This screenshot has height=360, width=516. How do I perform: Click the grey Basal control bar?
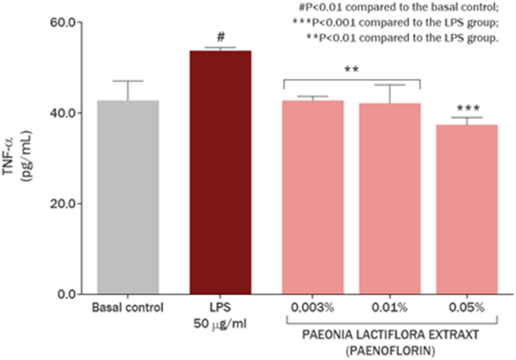point(128,197)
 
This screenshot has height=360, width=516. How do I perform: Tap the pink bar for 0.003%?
point(313,197)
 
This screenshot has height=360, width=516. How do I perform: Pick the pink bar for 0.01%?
point(390,199)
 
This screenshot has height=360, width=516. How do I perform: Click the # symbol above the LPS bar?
point(220,37)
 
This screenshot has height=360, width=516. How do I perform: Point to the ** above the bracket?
point(351,69)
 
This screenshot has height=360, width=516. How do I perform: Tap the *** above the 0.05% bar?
point(468,108)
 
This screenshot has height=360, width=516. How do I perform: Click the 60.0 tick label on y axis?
point(63,22)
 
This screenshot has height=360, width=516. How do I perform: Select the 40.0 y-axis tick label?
point(63,113)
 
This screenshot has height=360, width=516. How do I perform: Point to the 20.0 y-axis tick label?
point(63,204)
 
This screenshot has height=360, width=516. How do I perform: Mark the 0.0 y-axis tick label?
point(66,294)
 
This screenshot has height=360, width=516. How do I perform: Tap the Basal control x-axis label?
point(128,307)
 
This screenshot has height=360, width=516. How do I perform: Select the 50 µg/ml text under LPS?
point(220,324)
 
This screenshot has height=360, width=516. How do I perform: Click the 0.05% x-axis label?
point(466,307)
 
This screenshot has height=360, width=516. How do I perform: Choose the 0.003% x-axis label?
point(312,307)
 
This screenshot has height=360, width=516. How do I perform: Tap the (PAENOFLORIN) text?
point(390,350)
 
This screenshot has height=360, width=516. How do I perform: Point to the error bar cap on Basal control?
point(128,81)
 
